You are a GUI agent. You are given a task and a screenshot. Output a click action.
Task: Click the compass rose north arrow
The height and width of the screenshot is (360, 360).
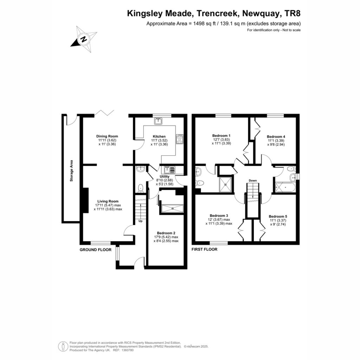point(83,39)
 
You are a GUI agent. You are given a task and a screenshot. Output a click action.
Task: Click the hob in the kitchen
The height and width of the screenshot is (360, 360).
point(180,139)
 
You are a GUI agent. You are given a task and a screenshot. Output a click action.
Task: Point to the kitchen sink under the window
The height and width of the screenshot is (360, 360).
point(158,121)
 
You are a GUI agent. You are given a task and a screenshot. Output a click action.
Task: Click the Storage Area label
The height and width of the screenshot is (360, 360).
point(71,171)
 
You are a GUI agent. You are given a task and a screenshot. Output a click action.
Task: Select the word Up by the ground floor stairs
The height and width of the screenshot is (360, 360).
point(141,221)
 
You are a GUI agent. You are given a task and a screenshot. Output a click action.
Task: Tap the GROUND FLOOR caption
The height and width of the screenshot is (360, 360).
point(96,250)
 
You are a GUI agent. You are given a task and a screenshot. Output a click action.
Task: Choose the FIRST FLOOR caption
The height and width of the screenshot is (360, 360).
point(204,249)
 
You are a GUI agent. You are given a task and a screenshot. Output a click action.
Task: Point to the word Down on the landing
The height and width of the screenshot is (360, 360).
point(253,180)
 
